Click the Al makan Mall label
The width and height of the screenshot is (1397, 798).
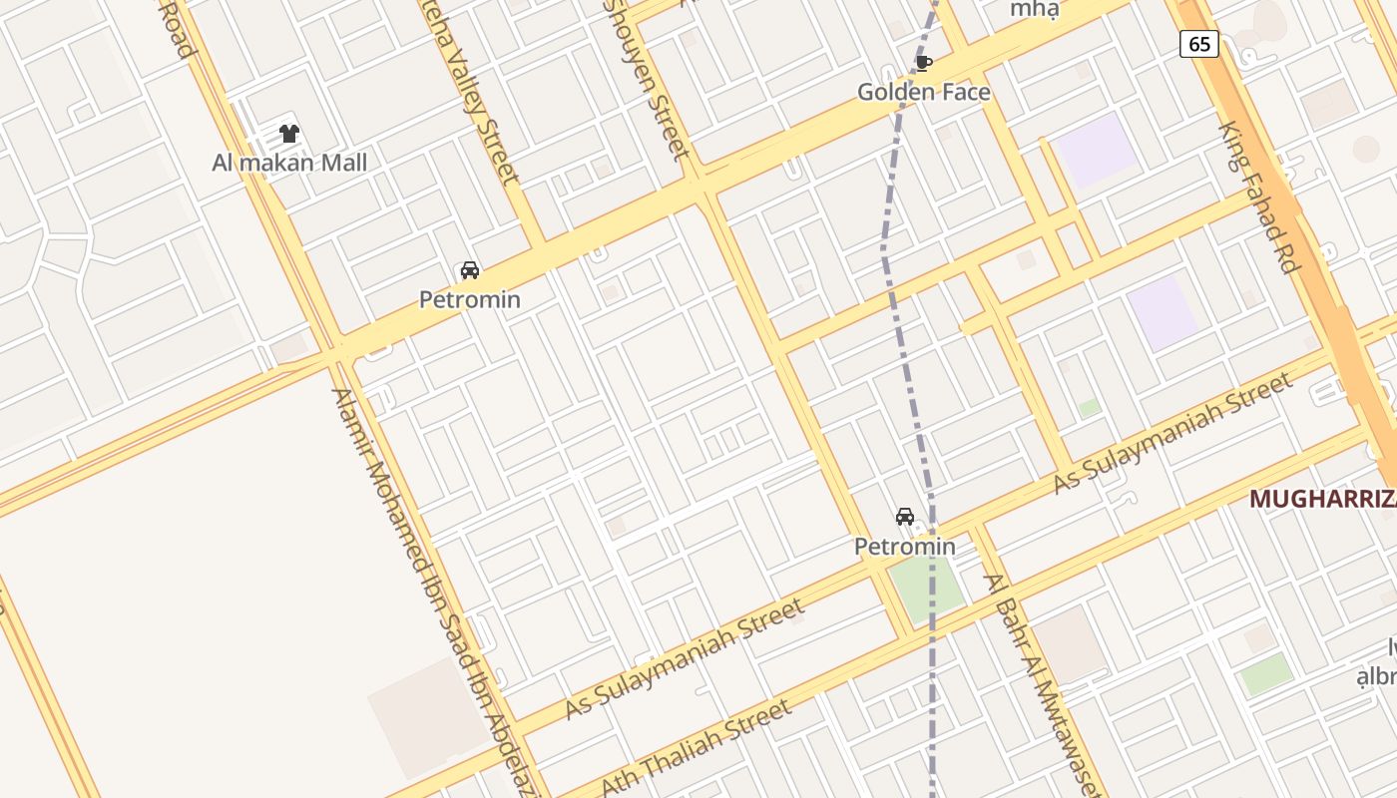click(x=289, y=163)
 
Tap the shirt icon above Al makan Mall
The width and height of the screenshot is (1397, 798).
click(x=289, y=134)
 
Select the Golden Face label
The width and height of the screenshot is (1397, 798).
click(x=924, y=93)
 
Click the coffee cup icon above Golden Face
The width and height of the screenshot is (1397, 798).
click(x=924, y=64)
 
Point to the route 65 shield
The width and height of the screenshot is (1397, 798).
click(x=1198, y=44)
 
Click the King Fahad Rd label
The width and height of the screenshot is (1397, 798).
click(x=1260, y=198)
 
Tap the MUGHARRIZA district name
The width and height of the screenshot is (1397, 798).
click(x=1322, y=499)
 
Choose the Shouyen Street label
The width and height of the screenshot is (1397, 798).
click(x=649, y=80)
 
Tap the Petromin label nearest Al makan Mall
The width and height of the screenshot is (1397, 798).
click(x=470, y=299)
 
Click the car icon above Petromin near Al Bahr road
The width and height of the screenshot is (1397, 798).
click(x=905, y=517)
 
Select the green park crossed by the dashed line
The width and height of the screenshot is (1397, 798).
click(x=927, y=588)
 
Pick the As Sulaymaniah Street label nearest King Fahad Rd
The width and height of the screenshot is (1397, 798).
click(x=1173, y=432)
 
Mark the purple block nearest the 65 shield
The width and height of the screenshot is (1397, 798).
click(x=1097, y=149)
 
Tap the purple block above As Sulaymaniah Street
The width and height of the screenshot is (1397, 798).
click(x=1163, y=313)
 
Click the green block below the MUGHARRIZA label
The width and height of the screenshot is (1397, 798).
click(x=1266, y=674)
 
